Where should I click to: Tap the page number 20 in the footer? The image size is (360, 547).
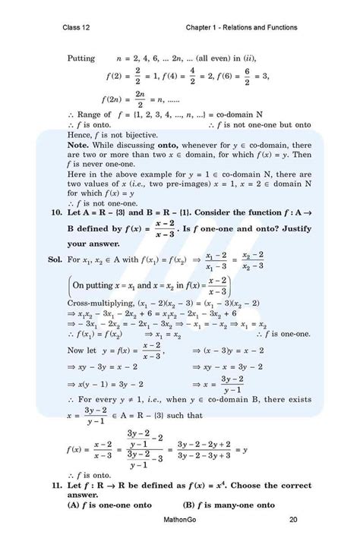[x=293, y=520]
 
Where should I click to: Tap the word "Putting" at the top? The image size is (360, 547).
[x=81, y=58]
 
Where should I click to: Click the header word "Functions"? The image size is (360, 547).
[x=279, y=28]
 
